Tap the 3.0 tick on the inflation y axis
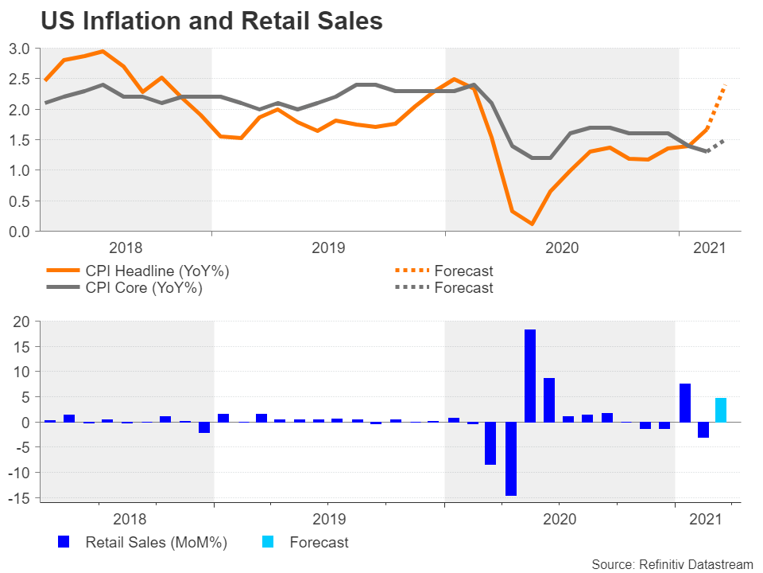point(20,49)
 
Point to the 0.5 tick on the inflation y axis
point(20,201)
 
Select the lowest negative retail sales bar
point(510,458)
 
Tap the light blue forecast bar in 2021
point(721,410)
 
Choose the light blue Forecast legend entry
point(318,543)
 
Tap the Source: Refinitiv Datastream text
point(672,564)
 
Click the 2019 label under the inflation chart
point(327,248)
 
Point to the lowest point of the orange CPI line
point(530,224)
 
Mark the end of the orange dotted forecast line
point(726,85)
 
